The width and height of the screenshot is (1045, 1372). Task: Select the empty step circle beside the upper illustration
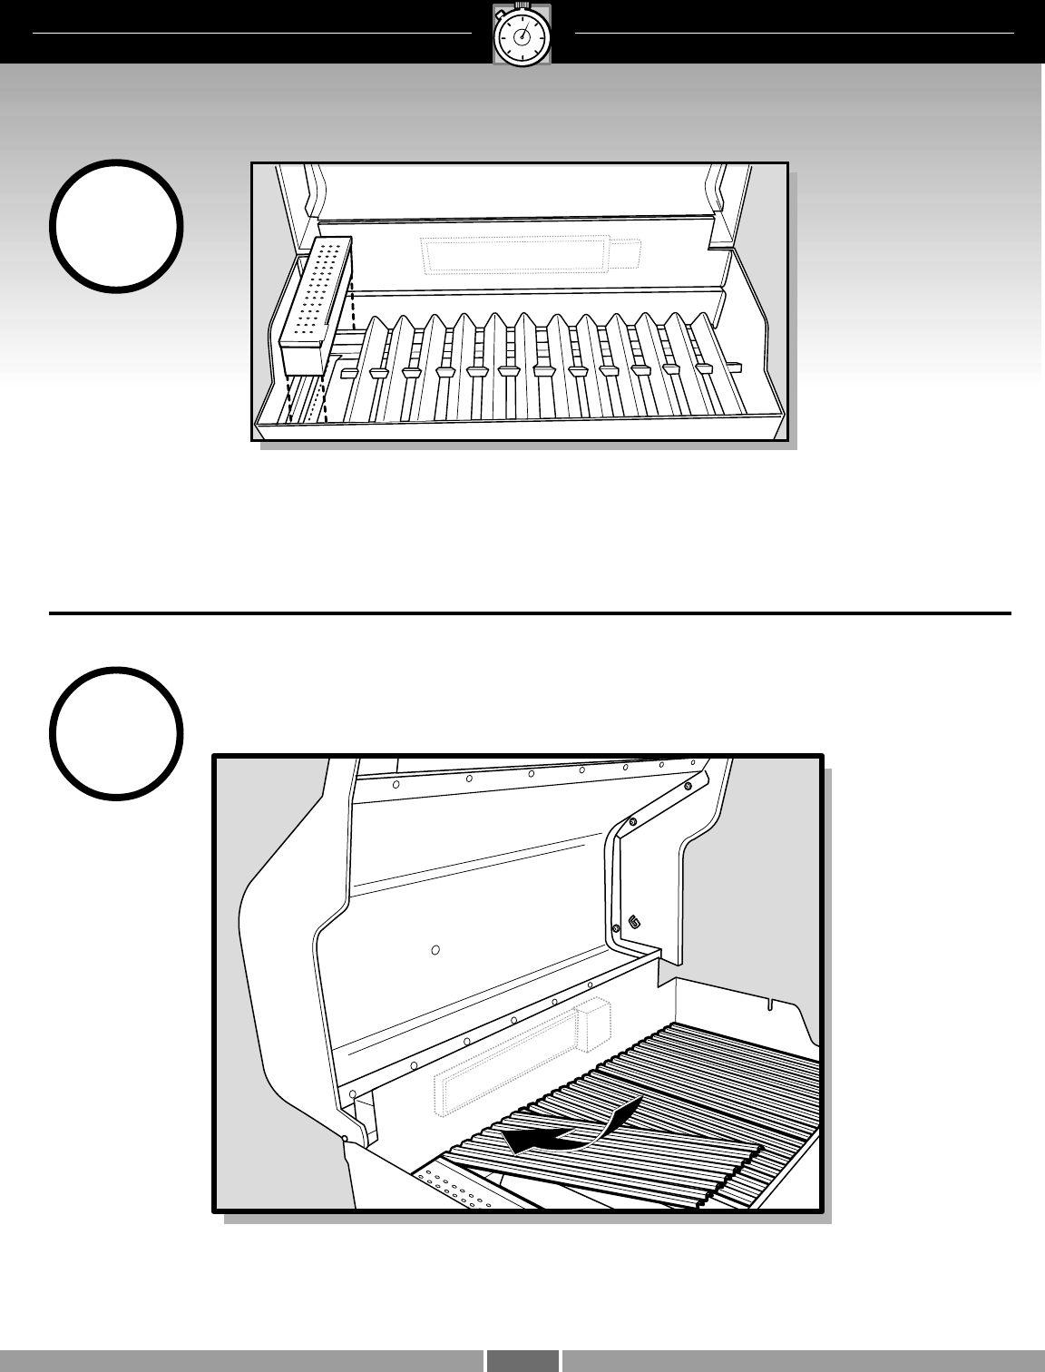[117, 226]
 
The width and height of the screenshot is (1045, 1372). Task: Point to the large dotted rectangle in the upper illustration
[514, 254]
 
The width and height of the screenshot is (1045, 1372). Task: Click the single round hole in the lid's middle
[435, 950]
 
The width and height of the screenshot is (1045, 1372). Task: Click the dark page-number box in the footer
[522, 1360]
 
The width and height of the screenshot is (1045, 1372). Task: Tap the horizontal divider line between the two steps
[530, 614]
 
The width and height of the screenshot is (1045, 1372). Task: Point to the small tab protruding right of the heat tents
[734, 367]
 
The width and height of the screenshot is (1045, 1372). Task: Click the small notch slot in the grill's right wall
[769, 1005]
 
